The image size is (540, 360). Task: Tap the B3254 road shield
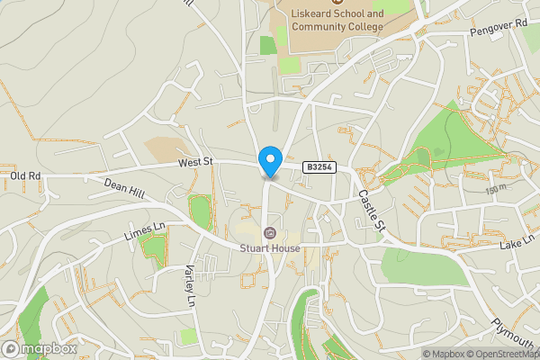click(x=319, y=167)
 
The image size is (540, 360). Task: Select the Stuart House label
click(x=270, y=247)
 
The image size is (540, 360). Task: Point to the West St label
click(x=193, y=162)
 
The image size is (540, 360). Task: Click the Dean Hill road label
click(x=123, y=184)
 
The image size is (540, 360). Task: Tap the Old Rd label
click(x=26, y=175)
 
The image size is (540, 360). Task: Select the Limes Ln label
click(x=145, y=230)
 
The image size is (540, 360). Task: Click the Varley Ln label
click(x=190, y=287)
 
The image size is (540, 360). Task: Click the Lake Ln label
click(x=517, y=244)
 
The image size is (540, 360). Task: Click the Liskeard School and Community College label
click(x=337, y=21)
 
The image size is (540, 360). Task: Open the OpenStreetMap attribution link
click(x=508, y=354)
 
